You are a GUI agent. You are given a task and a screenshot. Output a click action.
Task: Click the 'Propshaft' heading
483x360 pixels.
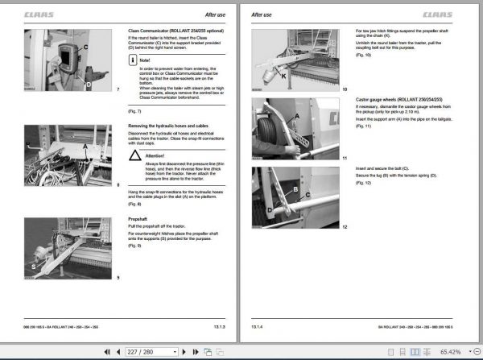[x=138, y=218]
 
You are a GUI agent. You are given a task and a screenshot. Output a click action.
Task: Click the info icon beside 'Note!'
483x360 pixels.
[x=134, y=60]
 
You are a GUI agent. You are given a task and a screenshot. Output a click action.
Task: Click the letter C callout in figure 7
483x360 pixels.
[x=85, y=48]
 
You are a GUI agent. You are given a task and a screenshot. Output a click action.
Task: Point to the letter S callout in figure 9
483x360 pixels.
[x=32, y=263]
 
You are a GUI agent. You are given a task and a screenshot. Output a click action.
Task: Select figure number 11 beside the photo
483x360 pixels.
[x=345, y=158]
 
